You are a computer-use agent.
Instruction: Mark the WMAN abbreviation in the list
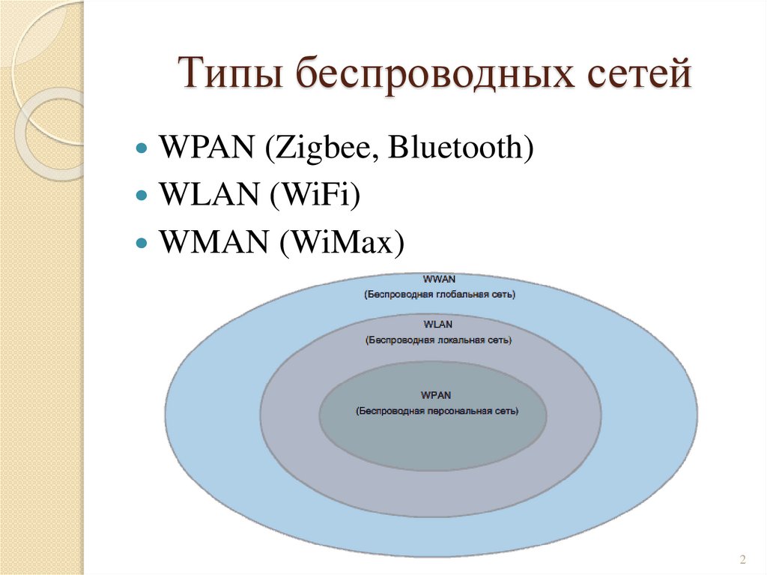212,242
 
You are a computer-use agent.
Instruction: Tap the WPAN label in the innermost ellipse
437,394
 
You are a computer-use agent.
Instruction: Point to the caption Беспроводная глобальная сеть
440,295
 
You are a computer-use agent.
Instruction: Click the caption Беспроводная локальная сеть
438,340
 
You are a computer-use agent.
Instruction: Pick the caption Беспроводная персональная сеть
437,411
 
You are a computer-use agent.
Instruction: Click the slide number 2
742,559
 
